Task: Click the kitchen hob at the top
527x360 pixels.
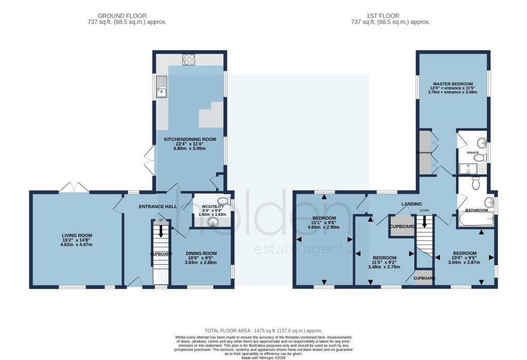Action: (188, 59)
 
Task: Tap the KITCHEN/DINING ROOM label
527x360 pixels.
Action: (190, 140)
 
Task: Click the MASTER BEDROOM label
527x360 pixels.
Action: (453, 83)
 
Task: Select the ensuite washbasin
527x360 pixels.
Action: (481, 143)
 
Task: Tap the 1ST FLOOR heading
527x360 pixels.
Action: (390, 16)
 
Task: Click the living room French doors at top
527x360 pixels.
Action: (74, 186)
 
